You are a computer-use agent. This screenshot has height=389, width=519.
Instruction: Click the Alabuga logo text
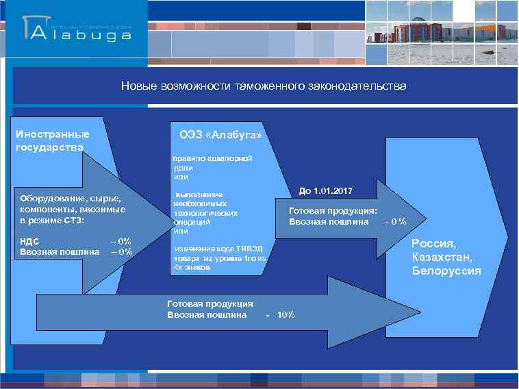pos(89,34)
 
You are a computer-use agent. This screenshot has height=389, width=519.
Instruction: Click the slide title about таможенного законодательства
pos(264,86)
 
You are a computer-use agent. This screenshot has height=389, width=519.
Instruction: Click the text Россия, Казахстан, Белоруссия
pos(446,257)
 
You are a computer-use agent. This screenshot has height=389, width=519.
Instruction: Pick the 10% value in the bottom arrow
pos(286,314)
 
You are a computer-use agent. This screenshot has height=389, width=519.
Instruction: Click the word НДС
pos(30,241)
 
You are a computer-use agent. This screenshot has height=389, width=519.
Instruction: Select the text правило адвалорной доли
pos(212,162)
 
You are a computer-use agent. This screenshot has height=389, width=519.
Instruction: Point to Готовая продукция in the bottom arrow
pos(210,303)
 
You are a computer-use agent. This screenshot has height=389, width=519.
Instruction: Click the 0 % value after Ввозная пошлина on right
pos(396,221)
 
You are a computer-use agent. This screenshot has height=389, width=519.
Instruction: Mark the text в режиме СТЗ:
pos(52,221)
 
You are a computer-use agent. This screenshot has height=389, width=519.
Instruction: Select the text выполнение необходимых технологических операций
pos(206,208)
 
